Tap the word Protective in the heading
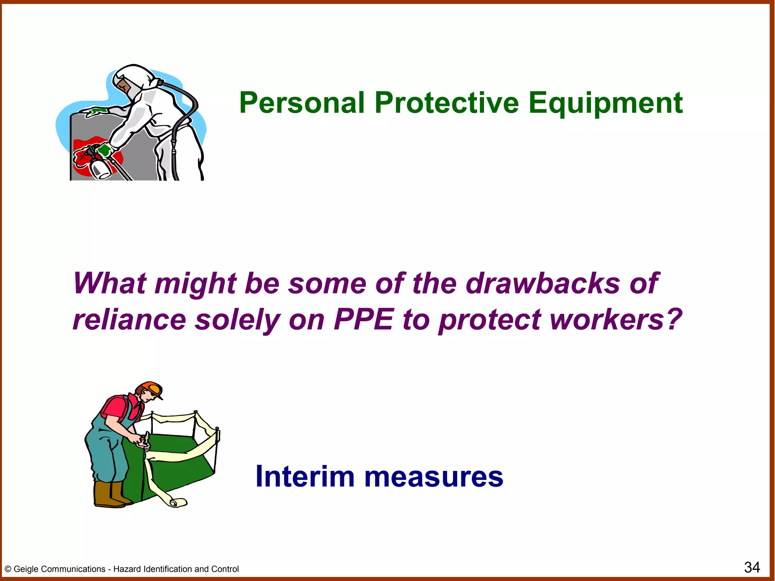[447, 103]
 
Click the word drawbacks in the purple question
[543, 284]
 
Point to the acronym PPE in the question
[363, 320]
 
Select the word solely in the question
[237, 320]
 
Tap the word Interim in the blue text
[305, 477]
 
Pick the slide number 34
[752, 567]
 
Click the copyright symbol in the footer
[8, 569]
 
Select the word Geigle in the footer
[27, 569]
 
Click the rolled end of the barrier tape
[178, 502]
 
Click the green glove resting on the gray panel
[95, 112]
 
